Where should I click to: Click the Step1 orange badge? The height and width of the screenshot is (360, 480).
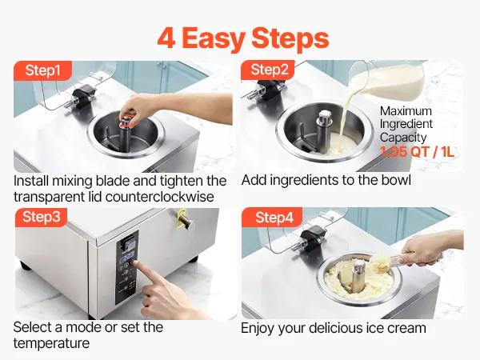tap(42, 70)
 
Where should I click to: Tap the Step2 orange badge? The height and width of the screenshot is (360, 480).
tap(268, 70)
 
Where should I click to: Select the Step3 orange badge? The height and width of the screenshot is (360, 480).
tap(41, 217)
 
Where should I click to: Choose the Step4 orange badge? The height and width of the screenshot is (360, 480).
tap(272, 218)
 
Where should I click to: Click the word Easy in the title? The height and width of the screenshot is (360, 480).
tap(214, 39)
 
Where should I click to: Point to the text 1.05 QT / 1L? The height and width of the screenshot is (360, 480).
tap(417, 152)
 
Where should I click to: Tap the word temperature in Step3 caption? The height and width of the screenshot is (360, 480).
tap(51, 343)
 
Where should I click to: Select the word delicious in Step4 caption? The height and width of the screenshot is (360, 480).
tap(335, 328)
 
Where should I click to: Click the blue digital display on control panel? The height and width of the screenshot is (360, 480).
tap(127, 257)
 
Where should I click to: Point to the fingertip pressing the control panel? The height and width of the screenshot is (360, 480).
tap(135, 264)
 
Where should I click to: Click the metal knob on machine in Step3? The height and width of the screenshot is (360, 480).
tap(186, 222)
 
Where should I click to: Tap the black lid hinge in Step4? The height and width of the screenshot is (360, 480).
tap(311, 237)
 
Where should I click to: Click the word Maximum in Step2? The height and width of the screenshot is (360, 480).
tap(406, 111)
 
